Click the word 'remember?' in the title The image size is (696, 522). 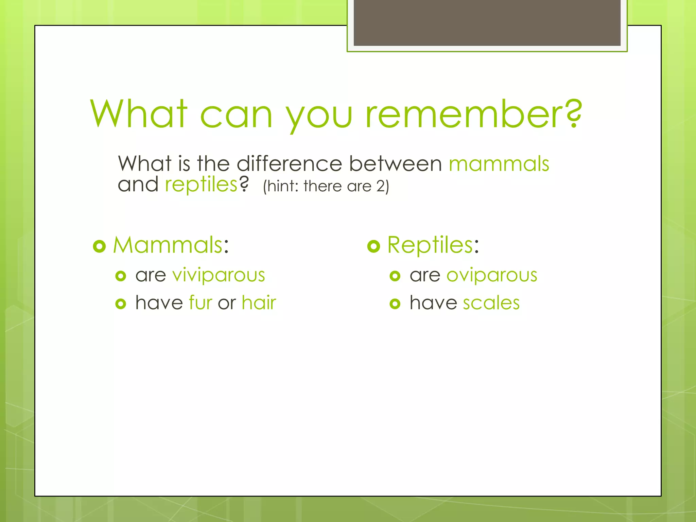tap(474, 114)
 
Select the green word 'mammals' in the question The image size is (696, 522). tap(499, 164)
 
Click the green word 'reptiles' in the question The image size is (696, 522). tap(201, 185)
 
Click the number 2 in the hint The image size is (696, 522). tap(380, 186)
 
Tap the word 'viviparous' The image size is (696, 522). tap(219, 275)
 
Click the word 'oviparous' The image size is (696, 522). tap(492, 275)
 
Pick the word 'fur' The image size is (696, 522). tap(201, 302)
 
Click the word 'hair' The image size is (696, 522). tap(259, 302)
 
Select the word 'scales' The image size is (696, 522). tap(491, 302)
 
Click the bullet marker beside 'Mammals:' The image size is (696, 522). tap(100, 246)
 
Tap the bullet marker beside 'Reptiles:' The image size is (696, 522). tap(373, 246)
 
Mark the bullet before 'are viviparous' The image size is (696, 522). tap(121, 276)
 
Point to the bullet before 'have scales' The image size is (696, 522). tap(395, 303)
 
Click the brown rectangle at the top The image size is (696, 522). tap(487, 22)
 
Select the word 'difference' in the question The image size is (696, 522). tap(289, 164)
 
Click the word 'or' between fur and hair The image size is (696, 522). tap(227, 303)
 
